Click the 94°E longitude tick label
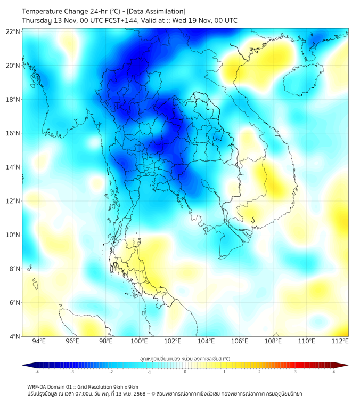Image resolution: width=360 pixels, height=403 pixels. pos(39,342)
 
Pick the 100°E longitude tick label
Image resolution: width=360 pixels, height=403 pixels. pos(140,342)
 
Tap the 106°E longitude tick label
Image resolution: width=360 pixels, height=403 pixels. pos(240,342)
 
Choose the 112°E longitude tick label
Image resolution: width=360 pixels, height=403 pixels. pos(340,342)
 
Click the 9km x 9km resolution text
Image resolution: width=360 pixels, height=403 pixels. pos(124,386)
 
